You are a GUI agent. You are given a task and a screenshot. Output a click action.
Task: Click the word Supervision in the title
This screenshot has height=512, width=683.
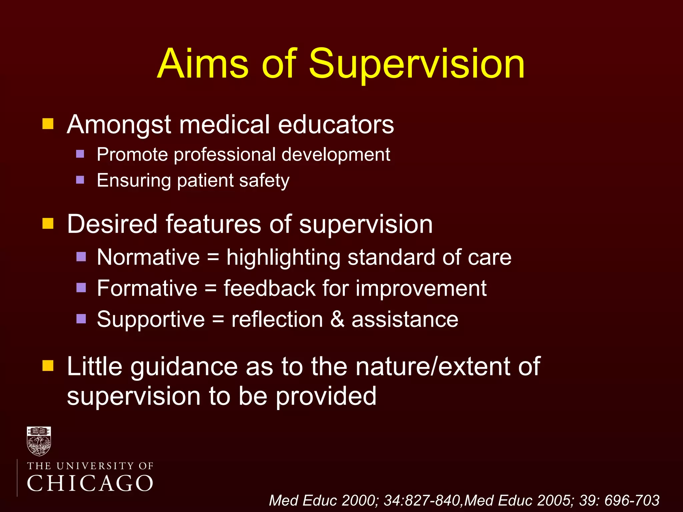(x=417, y=64)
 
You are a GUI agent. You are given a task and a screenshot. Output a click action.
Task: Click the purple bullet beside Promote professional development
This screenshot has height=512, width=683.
(x=80, y=154)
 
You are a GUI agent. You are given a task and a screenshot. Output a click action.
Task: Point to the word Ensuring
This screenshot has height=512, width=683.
(x=133, y=181)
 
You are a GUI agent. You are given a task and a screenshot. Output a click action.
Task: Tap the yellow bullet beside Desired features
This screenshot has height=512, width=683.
(x=48, y=223)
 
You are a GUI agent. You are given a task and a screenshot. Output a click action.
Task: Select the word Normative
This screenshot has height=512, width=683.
(x=148, y=257)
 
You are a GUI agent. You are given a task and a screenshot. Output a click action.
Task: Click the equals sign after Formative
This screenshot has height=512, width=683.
(x=210, y=288)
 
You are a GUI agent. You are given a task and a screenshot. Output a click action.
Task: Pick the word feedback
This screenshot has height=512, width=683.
(x=269, y=288)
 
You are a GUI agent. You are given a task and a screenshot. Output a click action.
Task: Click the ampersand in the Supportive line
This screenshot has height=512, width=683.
(x=337, y=319)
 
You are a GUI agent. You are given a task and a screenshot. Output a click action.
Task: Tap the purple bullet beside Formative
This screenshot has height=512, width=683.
(x=81, y=287)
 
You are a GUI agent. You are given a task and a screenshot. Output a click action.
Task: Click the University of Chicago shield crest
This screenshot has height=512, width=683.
(x=39, y=441)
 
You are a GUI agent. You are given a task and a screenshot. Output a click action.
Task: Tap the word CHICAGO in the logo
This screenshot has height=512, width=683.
(x=90, y=483)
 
